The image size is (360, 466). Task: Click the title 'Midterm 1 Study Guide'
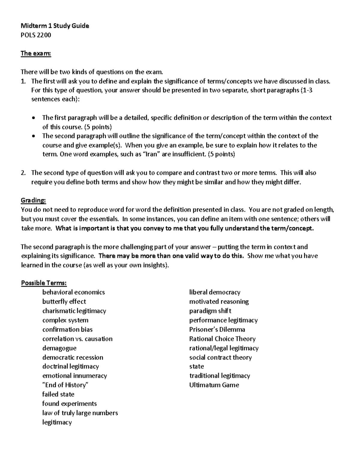click(55, 26)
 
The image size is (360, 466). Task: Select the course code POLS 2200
click(36, 35)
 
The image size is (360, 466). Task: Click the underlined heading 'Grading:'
click(33, 200)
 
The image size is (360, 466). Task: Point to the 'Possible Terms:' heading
click(44, 283)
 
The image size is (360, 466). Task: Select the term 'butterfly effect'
click(64, 302)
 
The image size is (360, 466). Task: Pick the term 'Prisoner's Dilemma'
click(217, 329)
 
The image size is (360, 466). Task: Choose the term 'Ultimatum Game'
click(214, 385)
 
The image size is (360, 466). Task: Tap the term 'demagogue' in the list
click(59, 348)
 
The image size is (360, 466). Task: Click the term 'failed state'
click(58, 394)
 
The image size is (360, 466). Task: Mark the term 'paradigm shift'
click(210, 311)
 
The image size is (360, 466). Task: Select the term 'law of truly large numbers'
click(80, 413)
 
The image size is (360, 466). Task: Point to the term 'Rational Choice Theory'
click(222, 339)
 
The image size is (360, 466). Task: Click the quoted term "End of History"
click(66, 385)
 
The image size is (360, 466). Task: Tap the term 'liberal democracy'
click(215, 292)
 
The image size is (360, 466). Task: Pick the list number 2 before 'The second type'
click(23, 173)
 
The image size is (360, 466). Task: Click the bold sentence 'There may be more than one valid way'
click(171, 256)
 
